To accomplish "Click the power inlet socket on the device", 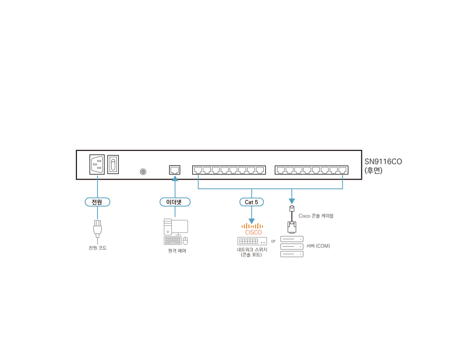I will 97,164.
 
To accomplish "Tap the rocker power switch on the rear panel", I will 113,164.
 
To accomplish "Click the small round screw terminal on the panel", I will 143,172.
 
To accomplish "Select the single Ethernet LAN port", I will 175,170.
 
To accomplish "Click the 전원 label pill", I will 97,202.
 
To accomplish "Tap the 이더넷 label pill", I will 175,202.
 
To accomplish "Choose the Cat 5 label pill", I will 251,202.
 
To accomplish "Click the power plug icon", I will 97,229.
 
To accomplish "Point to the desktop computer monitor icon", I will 180,226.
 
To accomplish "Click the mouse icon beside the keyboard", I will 185,241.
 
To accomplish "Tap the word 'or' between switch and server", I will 273,241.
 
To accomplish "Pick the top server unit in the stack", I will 292,239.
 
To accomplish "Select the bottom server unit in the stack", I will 292,254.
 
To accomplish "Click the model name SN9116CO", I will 383,162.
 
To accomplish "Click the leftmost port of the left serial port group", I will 198,170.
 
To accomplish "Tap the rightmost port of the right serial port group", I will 343,170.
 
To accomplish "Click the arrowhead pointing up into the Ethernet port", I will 175,179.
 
